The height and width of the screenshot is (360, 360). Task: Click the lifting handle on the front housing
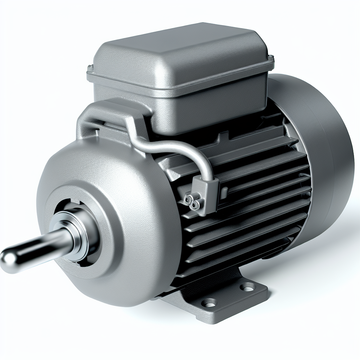pyautogui.click(x=105, y=112)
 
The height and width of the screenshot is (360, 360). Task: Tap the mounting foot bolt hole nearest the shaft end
pyautogui.click(x=211, y=302)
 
